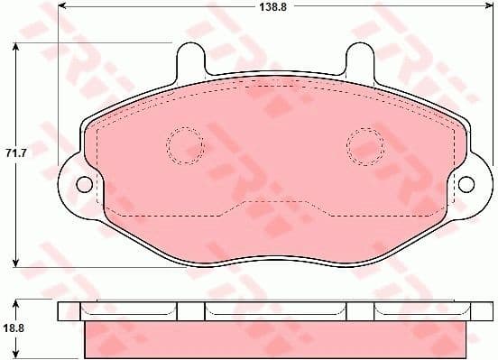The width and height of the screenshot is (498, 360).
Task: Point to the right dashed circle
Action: tap(365, 145)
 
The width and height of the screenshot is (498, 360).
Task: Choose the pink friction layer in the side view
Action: tap(275, 341)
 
